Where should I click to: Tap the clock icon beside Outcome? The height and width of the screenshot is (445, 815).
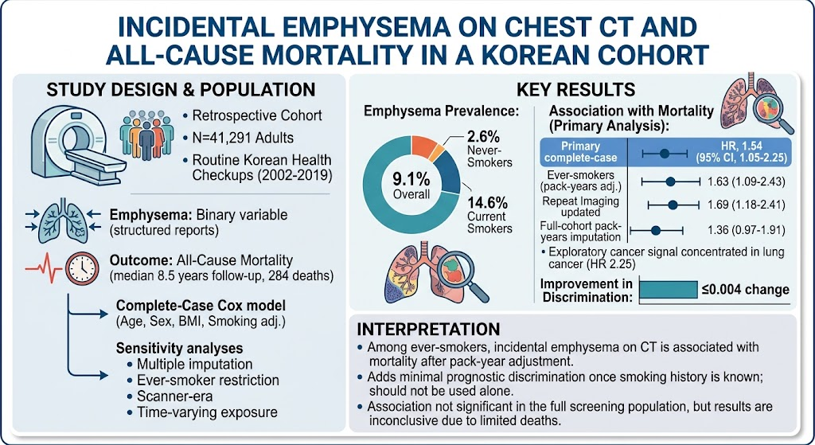82,268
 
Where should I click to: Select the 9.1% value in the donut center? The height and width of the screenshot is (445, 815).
411,180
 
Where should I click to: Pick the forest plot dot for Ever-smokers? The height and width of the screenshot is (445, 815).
670,182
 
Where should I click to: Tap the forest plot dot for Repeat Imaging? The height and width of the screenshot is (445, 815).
673,205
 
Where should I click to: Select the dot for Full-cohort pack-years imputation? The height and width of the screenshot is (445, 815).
656,230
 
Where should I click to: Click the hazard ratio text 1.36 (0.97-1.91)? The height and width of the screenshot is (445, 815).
747,230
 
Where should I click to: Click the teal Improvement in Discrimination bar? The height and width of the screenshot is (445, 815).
668,290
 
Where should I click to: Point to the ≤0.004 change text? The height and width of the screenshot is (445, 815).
745,290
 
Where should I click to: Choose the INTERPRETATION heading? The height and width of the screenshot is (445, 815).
428,329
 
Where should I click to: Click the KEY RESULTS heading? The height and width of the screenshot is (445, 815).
575,89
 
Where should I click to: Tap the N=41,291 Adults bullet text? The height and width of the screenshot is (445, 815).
243,138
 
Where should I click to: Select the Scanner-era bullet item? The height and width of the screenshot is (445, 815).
174,396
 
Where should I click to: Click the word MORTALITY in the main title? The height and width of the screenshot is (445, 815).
256,55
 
